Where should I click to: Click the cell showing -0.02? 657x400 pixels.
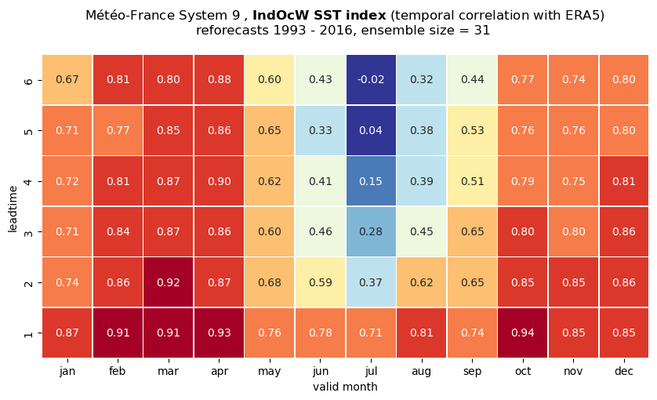click(371, 80)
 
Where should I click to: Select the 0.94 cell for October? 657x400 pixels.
click(522, 333)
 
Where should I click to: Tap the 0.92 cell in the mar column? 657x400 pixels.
click(169, 282)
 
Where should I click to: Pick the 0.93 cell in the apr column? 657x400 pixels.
click(220, 333)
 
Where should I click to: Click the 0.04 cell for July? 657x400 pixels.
click(371, 130)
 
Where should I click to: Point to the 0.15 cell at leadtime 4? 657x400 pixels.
click(371, 181)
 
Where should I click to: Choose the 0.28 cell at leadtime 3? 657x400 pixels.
click(371, 231)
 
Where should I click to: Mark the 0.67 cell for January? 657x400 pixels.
click(67, 80)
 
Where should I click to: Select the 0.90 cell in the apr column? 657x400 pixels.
click(220, 181)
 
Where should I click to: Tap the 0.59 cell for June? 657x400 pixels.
click(321, 282)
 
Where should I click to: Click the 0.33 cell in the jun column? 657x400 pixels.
click(321, 130)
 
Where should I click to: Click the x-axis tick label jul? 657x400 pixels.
click(371, 371)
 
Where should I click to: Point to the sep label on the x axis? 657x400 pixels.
click(472, 372)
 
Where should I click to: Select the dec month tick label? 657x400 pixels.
click(624, 371)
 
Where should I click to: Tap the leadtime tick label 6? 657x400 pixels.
click(28, 80)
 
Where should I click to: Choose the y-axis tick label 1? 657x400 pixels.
click(28, 333)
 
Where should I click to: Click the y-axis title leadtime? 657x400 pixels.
click(13, 209)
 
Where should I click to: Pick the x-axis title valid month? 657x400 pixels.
click(345, 387)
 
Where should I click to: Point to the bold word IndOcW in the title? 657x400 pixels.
click(281, 16)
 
